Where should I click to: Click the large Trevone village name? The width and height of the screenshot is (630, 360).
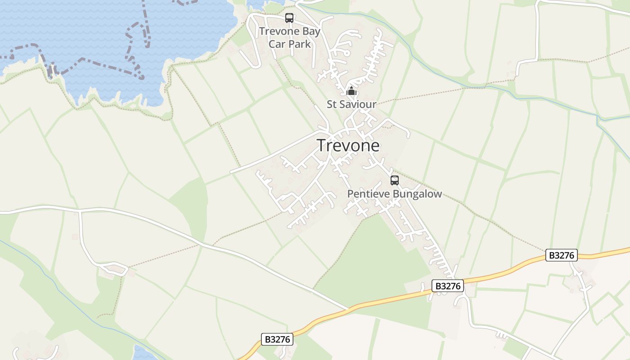[348, 145]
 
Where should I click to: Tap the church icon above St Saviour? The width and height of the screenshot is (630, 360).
[351, 91]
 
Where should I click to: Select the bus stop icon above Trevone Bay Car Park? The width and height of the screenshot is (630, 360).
[289, 18]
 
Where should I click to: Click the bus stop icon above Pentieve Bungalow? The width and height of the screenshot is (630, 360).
[395, 180]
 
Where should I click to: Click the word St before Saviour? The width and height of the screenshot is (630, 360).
[332, 104]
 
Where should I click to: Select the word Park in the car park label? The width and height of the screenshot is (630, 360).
[299, 44]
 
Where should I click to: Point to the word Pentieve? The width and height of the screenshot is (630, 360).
[369, 194]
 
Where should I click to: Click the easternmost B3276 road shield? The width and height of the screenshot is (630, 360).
[562, 255]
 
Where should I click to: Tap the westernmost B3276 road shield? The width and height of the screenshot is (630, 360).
[277, 339]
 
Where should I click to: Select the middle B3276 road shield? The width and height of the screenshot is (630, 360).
[448, 286]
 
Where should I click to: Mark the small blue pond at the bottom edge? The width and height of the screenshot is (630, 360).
[145, 353]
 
